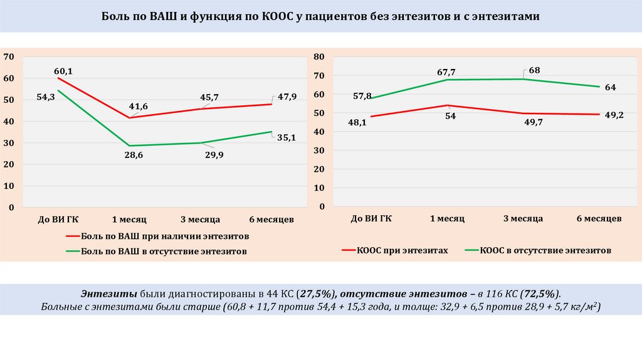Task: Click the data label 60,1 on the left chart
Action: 63,71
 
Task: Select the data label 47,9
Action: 287,97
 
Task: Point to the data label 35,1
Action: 287,138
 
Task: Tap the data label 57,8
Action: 362,96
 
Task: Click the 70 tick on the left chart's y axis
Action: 9,57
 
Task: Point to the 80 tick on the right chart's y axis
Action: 318,57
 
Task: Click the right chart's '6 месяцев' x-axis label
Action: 599,218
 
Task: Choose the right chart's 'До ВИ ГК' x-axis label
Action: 371,218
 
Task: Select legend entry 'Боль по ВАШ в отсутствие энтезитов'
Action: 164,251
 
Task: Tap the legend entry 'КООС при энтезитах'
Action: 402,250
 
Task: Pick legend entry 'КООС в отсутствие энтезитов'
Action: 545,250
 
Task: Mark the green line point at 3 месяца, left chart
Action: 201,143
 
